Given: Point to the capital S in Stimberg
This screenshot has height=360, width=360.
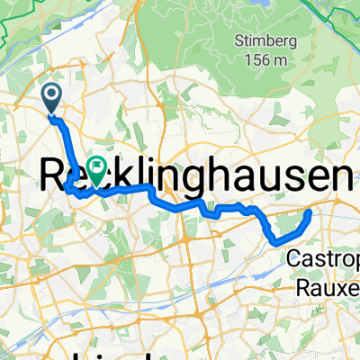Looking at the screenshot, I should click(238, 40).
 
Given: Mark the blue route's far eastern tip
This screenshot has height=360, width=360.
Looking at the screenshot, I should click(310, 212).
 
